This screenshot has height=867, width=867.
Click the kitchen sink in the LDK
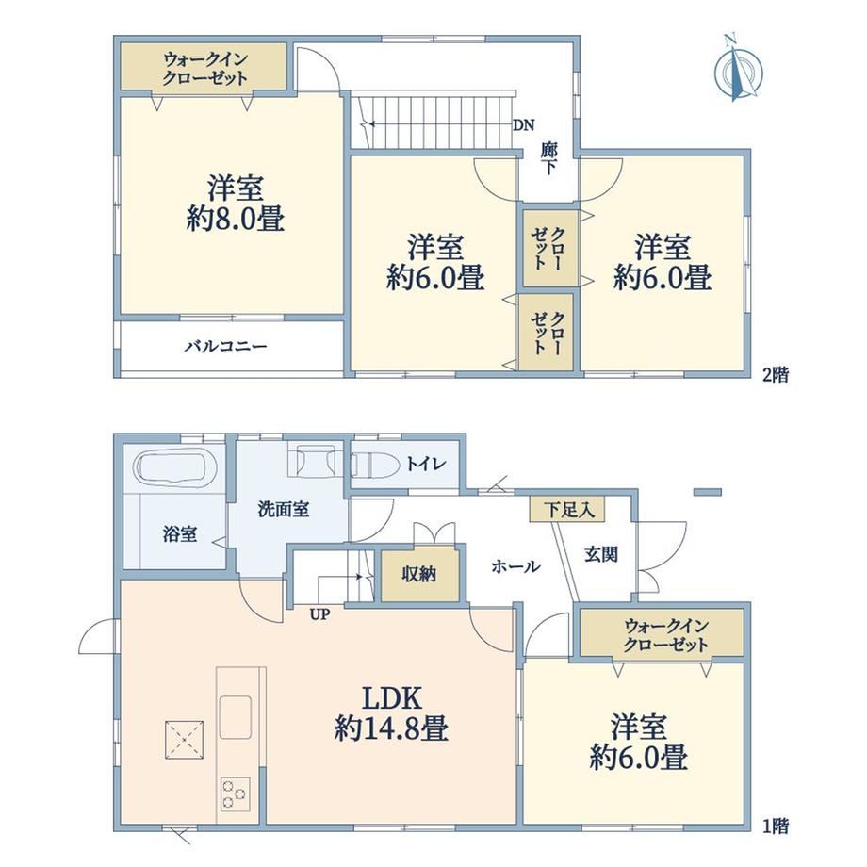(x=236, y=716)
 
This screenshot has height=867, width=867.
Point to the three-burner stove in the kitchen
(x=236, y=794)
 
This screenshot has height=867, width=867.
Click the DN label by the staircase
(x=524, y=125)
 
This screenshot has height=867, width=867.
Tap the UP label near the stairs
(x=319, y=614)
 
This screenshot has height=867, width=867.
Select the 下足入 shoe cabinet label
(x=569, y=509)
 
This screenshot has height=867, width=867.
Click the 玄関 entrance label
(x=601, y=554)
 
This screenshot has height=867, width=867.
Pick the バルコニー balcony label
(x=225, y=347)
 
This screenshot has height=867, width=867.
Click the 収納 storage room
(x=418, y=575)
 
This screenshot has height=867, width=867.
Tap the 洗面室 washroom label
(x=284, y=509)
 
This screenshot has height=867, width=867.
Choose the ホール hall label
(x=515, y=566)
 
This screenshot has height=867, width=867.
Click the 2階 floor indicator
(x=776, y=375)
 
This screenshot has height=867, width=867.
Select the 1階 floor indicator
(x=776, y=826)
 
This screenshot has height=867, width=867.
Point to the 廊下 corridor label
(x=548, y=158)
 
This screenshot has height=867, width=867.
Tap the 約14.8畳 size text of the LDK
(x=391, y=728)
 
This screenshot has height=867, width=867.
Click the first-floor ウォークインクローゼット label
(x=665, y=635)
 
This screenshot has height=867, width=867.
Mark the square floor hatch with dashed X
(x=184, y=739)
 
